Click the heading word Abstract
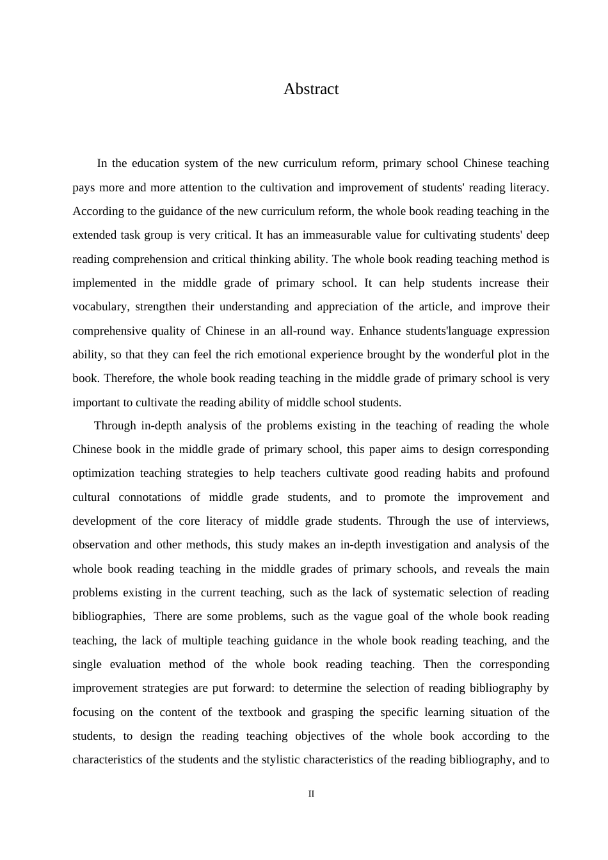(311, 89)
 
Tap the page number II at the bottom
(311, 794)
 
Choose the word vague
(371, 616)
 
